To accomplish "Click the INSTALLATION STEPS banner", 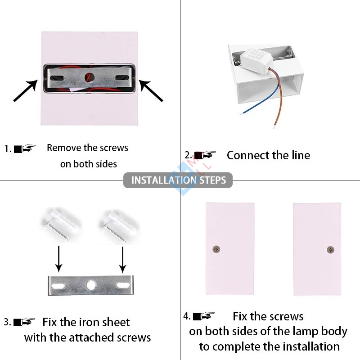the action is (178, 180).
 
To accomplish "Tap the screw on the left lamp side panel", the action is (216, 249).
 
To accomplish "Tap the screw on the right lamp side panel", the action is (330, 250).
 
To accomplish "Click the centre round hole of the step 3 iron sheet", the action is (91, 285).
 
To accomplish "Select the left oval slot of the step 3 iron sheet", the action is (58, 286).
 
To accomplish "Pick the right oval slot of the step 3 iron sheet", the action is (123, 285).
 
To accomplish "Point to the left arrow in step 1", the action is (26, 90).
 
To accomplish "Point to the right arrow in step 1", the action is (151, 90).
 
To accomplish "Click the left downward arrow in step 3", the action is (59, 259).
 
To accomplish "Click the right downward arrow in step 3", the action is (122, 260).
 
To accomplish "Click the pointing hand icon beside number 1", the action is (25, 148).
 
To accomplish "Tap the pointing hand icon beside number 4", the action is (204, 316).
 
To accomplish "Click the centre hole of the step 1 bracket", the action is (90, 77).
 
